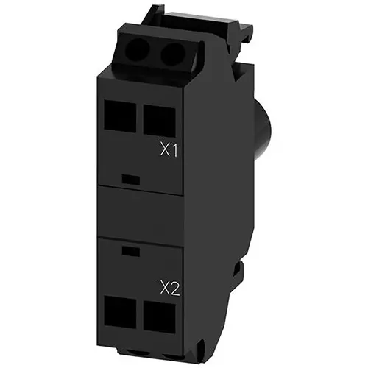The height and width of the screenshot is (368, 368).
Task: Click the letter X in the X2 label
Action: pos(164,289)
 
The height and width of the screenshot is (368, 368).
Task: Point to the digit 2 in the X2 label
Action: pos(175,289)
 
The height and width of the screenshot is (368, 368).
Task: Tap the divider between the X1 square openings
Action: pos(137,116)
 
